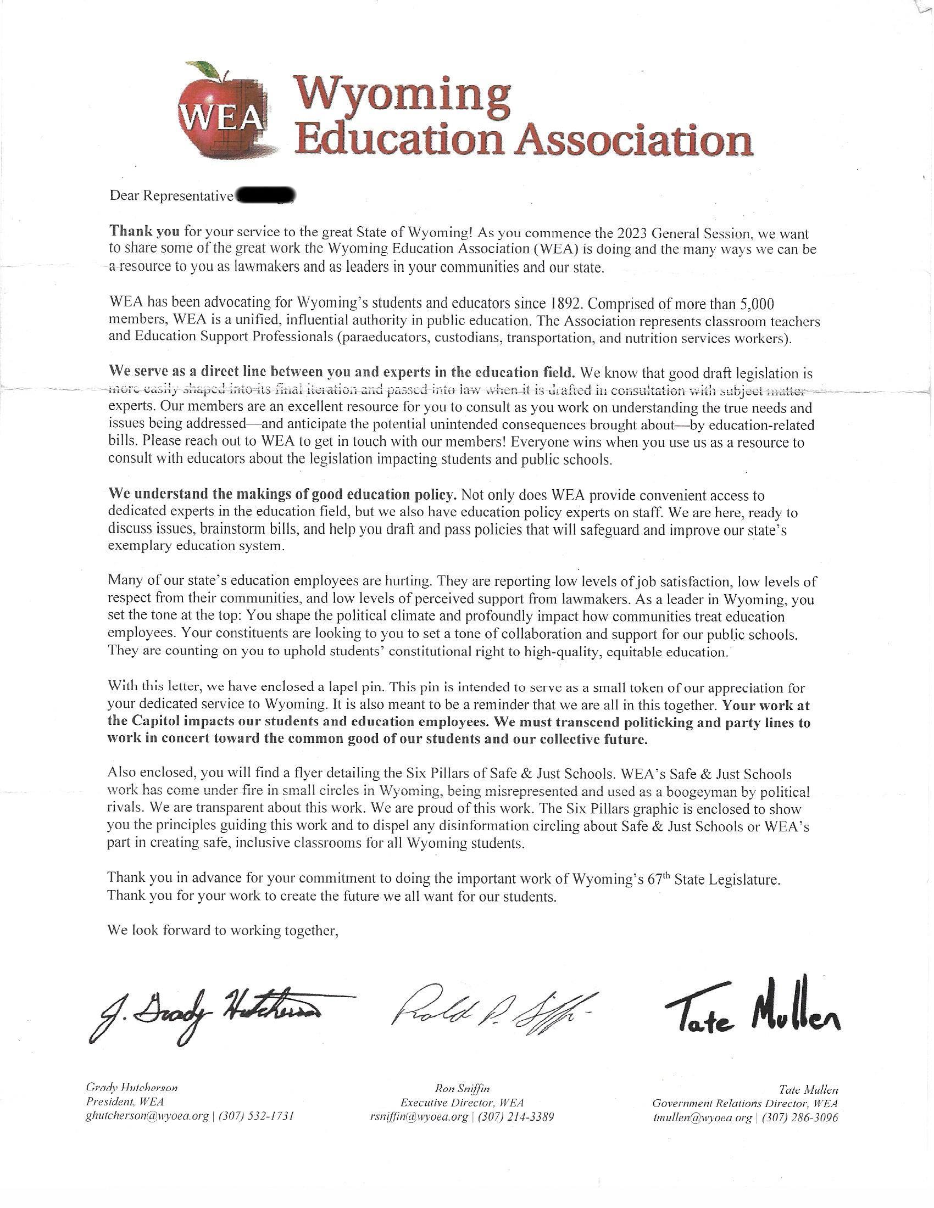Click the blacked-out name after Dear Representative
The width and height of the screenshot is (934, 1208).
265,197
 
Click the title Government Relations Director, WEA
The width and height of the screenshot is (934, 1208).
745,1104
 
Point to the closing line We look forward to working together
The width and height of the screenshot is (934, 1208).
223,930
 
